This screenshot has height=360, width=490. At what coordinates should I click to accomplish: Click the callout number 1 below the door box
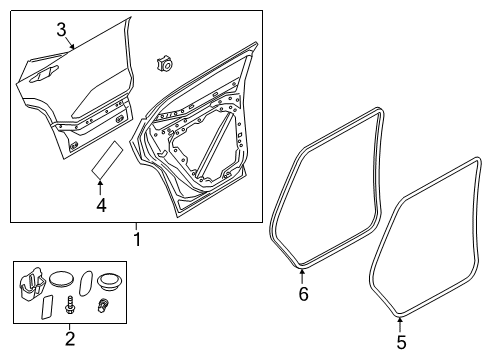pos(138,239)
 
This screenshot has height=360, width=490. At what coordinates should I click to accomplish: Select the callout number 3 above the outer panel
pos(61,29)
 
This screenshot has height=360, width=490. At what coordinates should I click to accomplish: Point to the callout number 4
pos(100,206)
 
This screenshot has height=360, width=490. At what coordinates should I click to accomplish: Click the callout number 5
pos(400,342)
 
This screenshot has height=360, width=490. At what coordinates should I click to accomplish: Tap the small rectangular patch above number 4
pos(107,158)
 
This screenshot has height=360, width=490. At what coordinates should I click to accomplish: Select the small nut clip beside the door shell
pos(163,64)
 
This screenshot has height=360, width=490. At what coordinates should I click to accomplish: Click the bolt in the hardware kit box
pos(71,306)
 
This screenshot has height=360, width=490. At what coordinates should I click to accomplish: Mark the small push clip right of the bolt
pos(102,306)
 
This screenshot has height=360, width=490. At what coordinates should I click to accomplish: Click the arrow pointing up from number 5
pos(400,323)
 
